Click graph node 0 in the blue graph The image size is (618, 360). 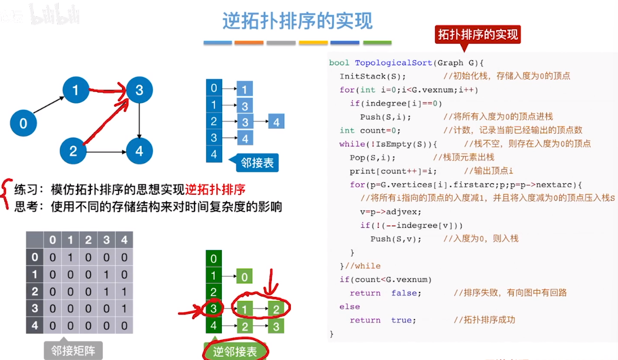pyautogui.click(x=23, y=123)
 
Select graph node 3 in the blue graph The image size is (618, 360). pyautogui.click(x=140, y=90)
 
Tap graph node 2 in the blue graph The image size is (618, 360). pyautogui.click(x=73, y=151)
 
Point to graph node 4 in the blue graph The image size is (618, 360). pyautogui.click(x=140, y=151)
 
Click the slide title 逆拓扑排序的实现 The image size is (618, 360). pyautogui.click(x=297, y=21)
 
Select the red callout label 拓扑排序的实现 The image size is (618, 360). pyautogui.click(x=478, y=35)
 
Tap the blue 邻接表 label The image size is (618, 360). pyautogui.click(x=257, y=163)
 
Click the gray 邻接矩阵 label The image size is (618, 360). pyautogui.click(x=73, y=350)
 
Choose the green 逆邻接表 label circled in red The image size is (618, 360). pyautogui.click(x=235, y=351)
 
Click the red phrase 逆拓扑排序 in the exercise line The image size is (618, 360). pyautogui.click(x=215, y=189)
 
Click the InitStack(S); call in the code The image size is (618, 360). pyautogui.click(x=372, y=76)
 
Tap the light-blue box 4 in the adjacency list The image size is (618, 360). pyautogui.click(x=276, y=122)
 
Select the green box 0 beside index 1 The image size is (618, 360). pyautogui.click(x=245, y=277)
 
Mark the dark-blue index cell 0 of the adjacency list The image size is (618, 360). pyautogui.click(x=214, y=88)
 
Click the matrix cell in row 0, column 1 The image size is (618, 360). pyautogui.click(x=70, y=257)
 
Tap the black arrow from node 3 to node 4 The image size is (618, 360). pyautogui.click(x=140, y=120)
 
